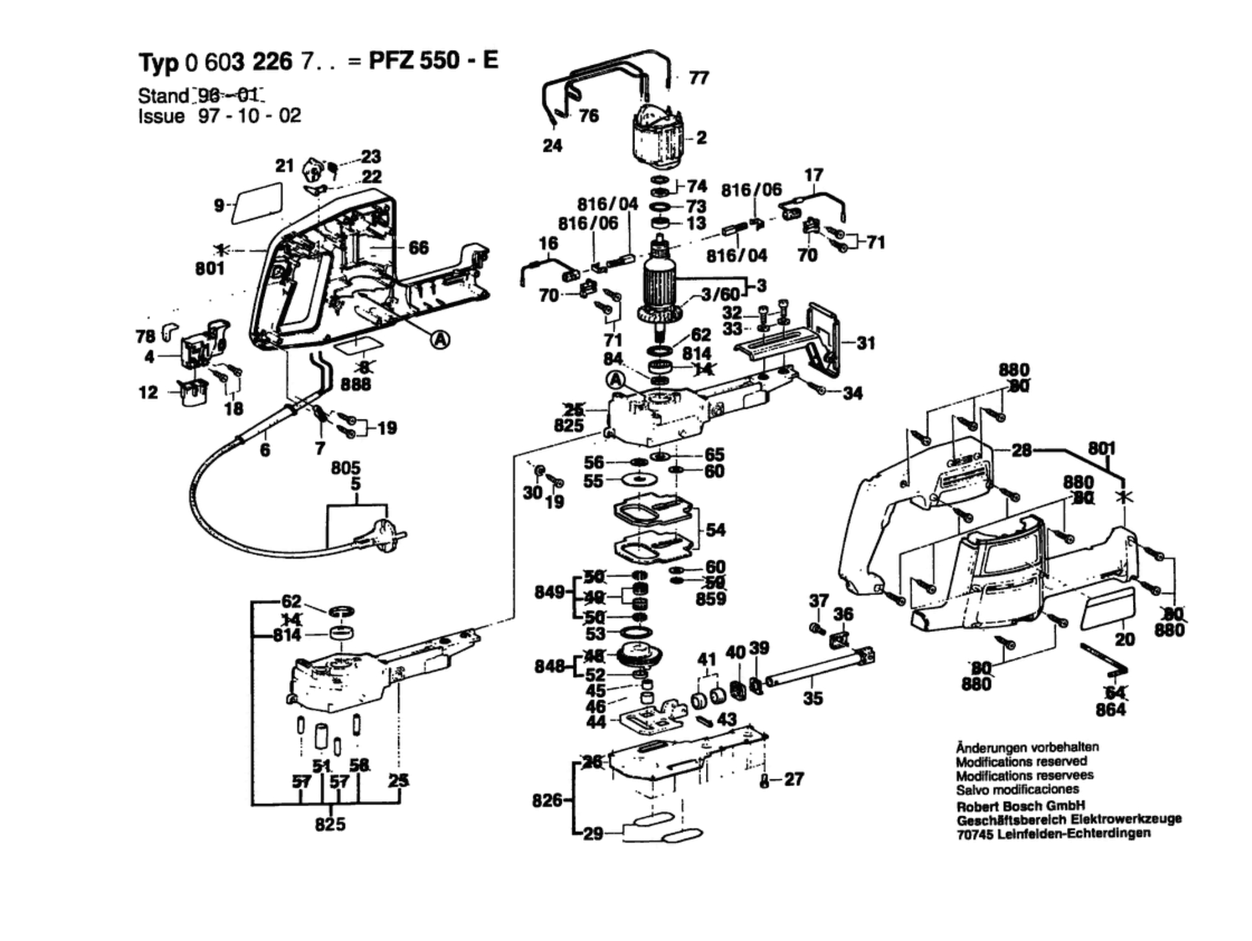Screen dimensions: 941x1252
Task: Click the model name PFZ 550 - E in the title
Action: coord(433,61)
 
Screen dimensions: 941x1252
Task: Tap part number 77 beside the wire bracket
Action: coord(698,78)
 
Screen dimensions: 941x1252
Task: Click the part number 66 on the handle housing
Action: coord(418,248)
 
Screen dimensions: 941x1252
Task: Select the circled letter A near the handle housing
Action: coord(441,340)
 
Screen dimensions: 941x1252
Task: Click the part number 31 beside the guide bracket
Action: coord(865,343)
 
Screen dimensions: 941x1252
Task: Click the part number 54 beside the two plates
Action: coord(715,530)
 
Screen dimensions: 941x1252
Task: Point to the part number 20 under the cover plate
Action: coord(1125,639)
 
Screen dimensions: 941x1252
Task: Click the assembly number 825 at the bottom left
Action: coord(330,824)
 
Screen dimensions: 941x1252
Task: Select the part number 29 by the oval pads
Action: coord(593,834)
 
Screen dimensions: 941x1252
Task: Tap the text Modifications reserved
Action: coord(1021,762)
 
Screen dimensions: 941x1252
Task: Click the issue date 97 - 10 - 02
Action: coord(250,116)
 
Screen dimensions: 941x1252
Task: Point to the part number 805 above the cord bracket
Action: coord(345,468)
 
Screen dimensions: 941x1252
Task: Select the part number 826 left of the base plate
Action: coord(547,800)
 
